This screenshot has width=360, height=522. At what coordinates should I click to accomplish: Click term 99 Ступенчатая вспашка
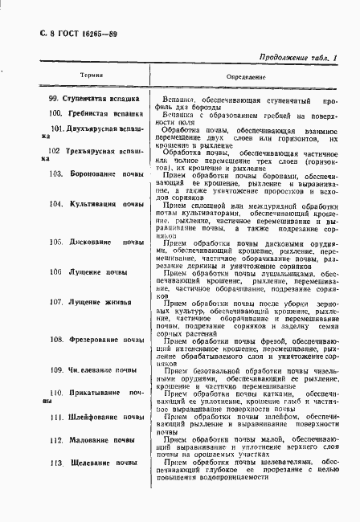pyautogui.click(x=93, y=100)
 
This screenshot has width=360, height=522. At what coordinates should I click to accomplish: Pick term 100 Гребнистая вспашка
pyautogui.click(x=93, y=114)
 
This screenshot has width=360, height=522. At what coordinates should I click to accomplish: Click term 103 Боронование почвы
pyautogui.click(x=97, y=174)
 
